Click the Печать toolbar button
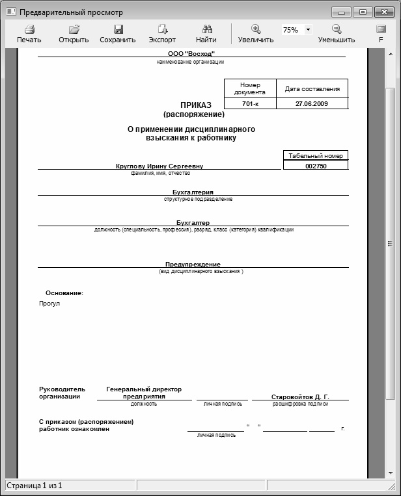pyautogui.click(x=29, y=33)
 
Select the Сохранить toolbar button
pyautogui.click(x=118, y=33)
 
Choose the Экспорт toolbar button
pyautogui.click(x=162, y=33)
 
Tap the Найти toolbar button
pyautogui.click(x=206, y=33)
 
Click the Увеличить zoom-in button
pyautogui.click(x=256, y=33)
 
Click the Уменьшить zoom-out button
pyautogui.click(x=337, y=33)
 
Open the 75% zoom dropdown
pyautogui.click(x=308, y=30)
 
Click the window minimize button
pyautogui.click(x=341, y=12)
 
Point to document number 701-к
pyautogui.click(x=250, y=103)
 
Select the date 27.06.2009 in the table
pyautogui.click(x=312, y=103)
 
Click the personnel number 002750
pyautogui.click(x=316, y=166)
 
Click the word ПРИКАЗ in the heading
pyautogui.click(x=196, y=105)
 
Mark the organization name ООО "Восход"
pyautogui.click(x=191, y=53)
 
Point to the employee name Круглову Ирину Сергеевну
pyautogui.click(x=159, y=166)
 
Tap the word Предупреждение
pyautogui.click(x=193, y=265)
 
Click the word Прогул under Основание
pyautogui.click(x=49, y=304)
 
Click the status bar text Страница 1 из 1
pyautogui.click(x=35, y=486)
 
